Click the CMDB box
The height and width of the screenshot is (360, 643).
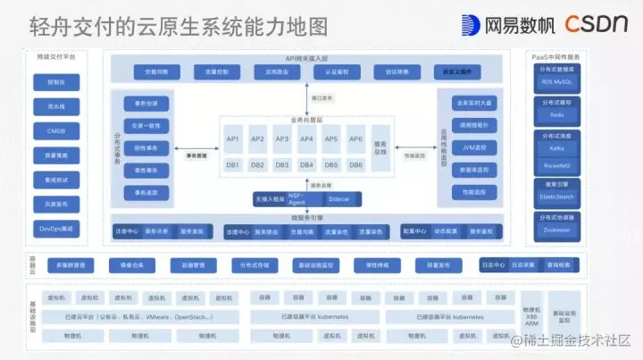(44, 130)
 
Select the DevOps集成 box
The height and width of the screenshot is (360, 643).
(44, 230)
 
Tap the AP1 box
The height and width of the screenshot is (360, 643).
(233, 139)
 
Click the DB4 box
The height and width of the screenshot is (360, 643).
(306, 165)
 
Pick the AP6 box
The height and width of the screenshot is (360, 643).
(355, 139)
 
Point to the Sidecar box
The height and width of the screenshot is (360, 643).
(338, 198)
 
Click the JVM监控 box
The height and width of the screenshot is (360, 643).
(468, 147)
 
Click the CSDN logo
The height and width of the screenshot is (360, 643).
(597, 24)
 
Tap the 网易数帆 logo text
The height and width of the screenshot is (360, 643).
(510, 25)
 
